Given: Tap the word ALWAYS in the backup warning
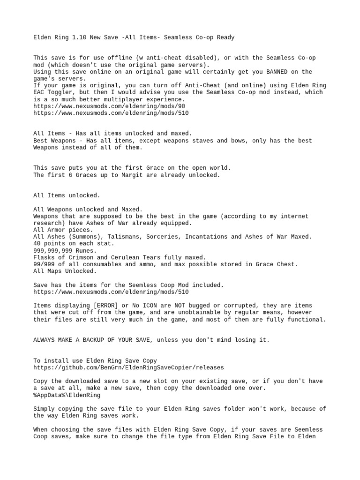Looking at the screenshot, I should (45, 339).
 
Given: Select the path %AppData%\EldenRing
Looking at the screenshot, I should (67, 395).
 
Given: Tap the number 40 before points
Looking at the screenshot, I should (37, 244).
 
